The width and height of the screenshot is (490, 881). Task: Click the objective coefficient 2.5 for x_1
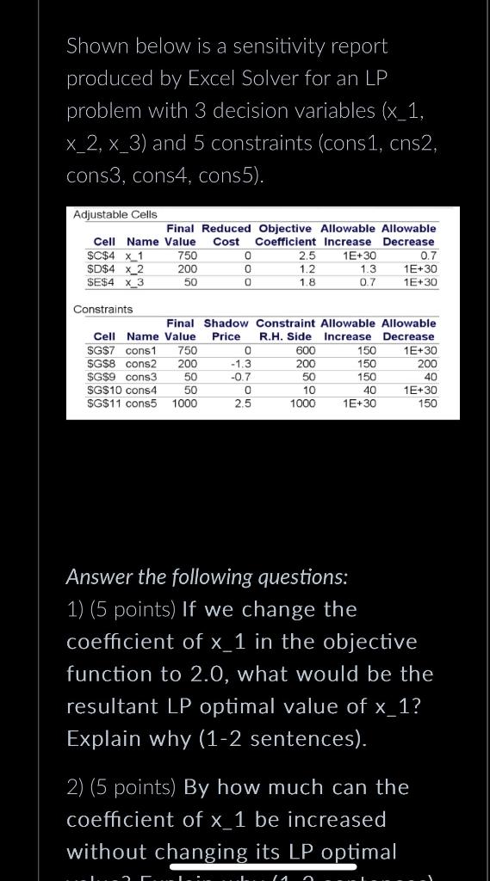[307, 256]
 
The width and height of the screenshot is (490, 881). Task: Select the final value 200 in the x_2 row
[187, 268]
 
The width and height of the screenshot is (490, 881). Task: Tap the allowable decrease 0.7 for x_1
[427, 256]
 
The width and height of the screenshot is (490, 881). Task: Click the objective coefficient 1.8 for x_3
[307, 281]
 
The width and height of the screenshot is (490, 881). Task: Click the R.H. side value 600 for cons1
[305, 351]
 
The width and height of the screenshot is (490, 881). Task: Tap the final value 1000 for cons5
[183, 403]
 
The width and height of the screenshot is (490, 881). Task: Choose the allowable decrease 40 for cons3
[431, 377]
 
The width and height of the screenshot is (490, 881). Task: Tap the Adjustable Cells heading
[115, 214]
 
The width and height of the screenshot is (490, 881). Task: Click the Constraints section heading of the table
[103, 309]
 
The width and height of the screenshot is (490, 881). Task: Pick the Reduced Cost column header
[226, 235]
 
